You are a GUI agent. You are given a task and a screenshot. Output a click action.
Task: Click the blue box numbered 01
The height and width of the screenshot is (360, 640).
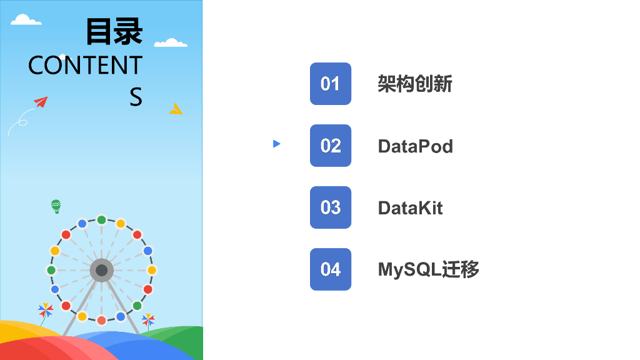[330, 84]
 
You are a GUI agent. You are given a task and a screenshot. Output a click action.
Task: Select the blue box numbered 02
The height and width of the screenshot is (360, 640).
[330, 146]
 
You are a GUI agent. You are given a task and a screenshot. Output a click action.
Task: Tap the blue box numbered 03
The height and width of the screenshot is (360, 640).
[330, 207]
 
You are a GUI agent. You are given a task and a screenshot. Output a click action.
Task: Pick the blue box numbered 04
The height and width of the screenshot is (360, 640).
[330, 269]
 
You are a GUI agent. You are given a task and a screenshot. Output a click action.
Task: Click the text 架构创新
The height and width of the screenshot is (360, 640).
[415, 84]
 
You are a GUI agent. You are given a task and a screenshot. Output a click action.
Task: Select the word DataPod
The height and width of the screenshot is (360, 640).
[415, 146]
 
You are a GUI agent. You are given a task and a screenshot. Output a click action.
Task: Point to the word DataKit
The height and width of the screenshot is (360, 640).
[410, 208]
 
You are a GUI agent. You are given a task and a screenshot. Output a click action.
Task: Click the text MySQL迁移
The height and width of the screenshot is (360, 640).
[429, 270]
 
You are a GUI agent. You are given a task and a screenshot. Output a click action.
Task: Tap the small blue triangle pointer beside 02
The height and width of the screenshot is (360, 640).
[277, 144]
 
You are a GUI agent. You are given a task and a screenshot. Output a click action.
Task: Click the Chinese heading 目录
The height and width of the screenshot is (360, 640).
[114, 31]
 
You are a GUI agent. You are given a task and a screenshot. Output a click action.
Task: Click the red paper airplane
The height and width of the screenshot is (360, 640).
[41, 102]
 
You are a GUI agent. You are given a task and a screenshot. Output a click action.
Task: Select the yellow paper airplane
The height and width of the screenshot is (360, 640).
[176, 109]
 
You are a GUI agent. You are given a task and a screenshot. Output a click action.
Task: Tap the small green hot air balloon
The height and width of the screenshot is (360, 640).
[56, 206]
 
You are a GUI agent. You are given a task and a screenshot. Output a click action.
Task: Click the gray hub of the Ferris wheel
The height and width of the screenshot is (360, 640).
[101, 270]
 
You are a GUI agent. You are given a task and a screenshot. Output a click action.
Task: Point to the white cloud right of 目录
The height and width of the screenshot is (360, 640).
[171, 42]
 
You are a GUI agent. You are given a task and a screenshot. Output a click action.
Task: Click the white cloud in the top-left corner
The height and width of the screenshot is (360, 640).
[26, 19]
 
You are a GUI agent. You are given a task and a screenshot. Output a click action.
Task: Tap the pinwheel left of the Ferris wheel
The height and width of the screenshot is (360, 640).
[45, 310]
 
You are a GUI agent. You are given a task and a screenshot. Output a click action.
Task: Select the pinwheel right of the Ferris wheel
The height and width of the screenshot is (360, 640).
[148, 320]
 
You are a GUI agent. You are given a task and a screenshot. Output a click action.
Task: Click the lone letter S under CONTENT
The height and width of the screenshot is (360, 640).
[136, 97]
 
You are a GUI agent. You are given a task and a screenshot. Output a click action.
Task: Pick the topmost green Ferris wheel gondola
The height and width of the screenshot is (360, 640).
[101, 220]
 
